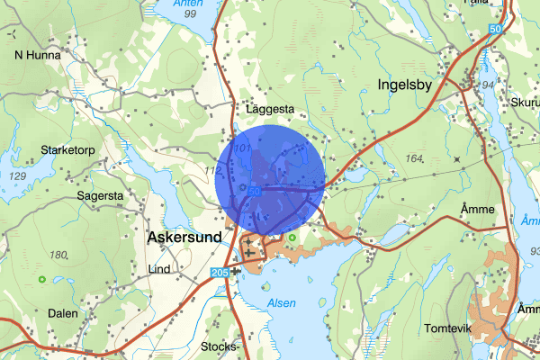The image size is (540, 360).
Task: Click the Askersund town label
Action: pyautogui.click(x=181, y=238)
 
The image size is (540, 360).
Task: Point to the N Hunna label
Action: pyautogui.click(x=37, y=54)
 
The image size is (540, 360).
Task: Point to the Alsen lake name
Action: pyautogui.click(x=282, y=304)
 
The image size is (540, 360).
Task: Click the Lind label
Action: pyautogui.click(x=158, y=269)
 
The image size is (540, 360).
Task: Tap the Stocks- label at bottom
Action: pyautogui.click(x=220, y=346)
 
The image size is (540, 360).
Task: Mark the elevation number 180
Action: pyautogui.click(x=58, y=256)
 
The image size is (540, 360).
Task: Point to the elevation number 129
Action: pyautogui.click(x=17, y=175)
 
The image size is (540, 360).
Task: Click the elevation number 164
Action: pyautogui.click(x=415, y=159)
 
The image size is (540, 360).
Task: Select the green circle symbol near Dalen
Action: pyautogui.click(x=42, y=280)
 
